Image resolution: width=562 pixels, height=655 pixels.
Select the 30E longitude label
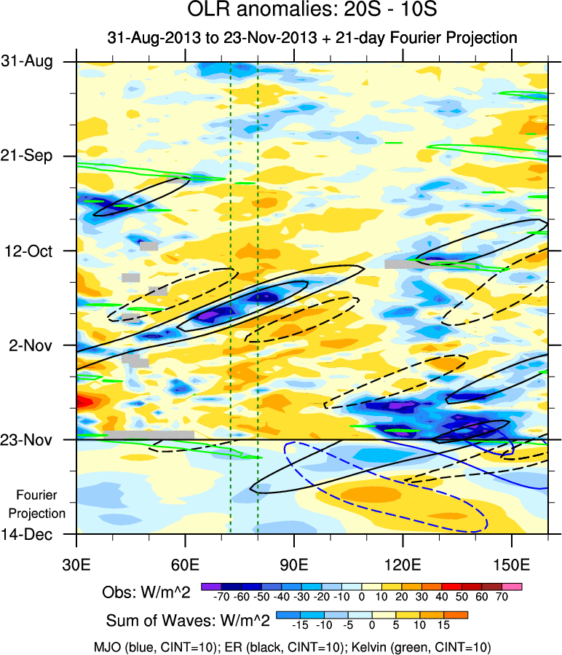tap(76, 565)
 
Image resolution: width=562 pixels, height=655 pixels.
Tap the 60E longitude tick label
tap(186, 565)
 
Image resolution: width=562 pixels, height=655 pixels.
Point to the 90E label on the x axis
tap(294, 565)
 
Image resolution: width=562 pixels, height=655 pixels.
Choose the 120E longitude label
tap(403, 565)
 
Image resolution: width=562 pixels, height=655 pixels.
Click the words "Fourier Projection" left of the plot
tap(41, 504)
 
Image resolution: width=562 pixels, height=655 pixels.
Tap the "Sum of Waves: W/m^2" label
tap(189, 621)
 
